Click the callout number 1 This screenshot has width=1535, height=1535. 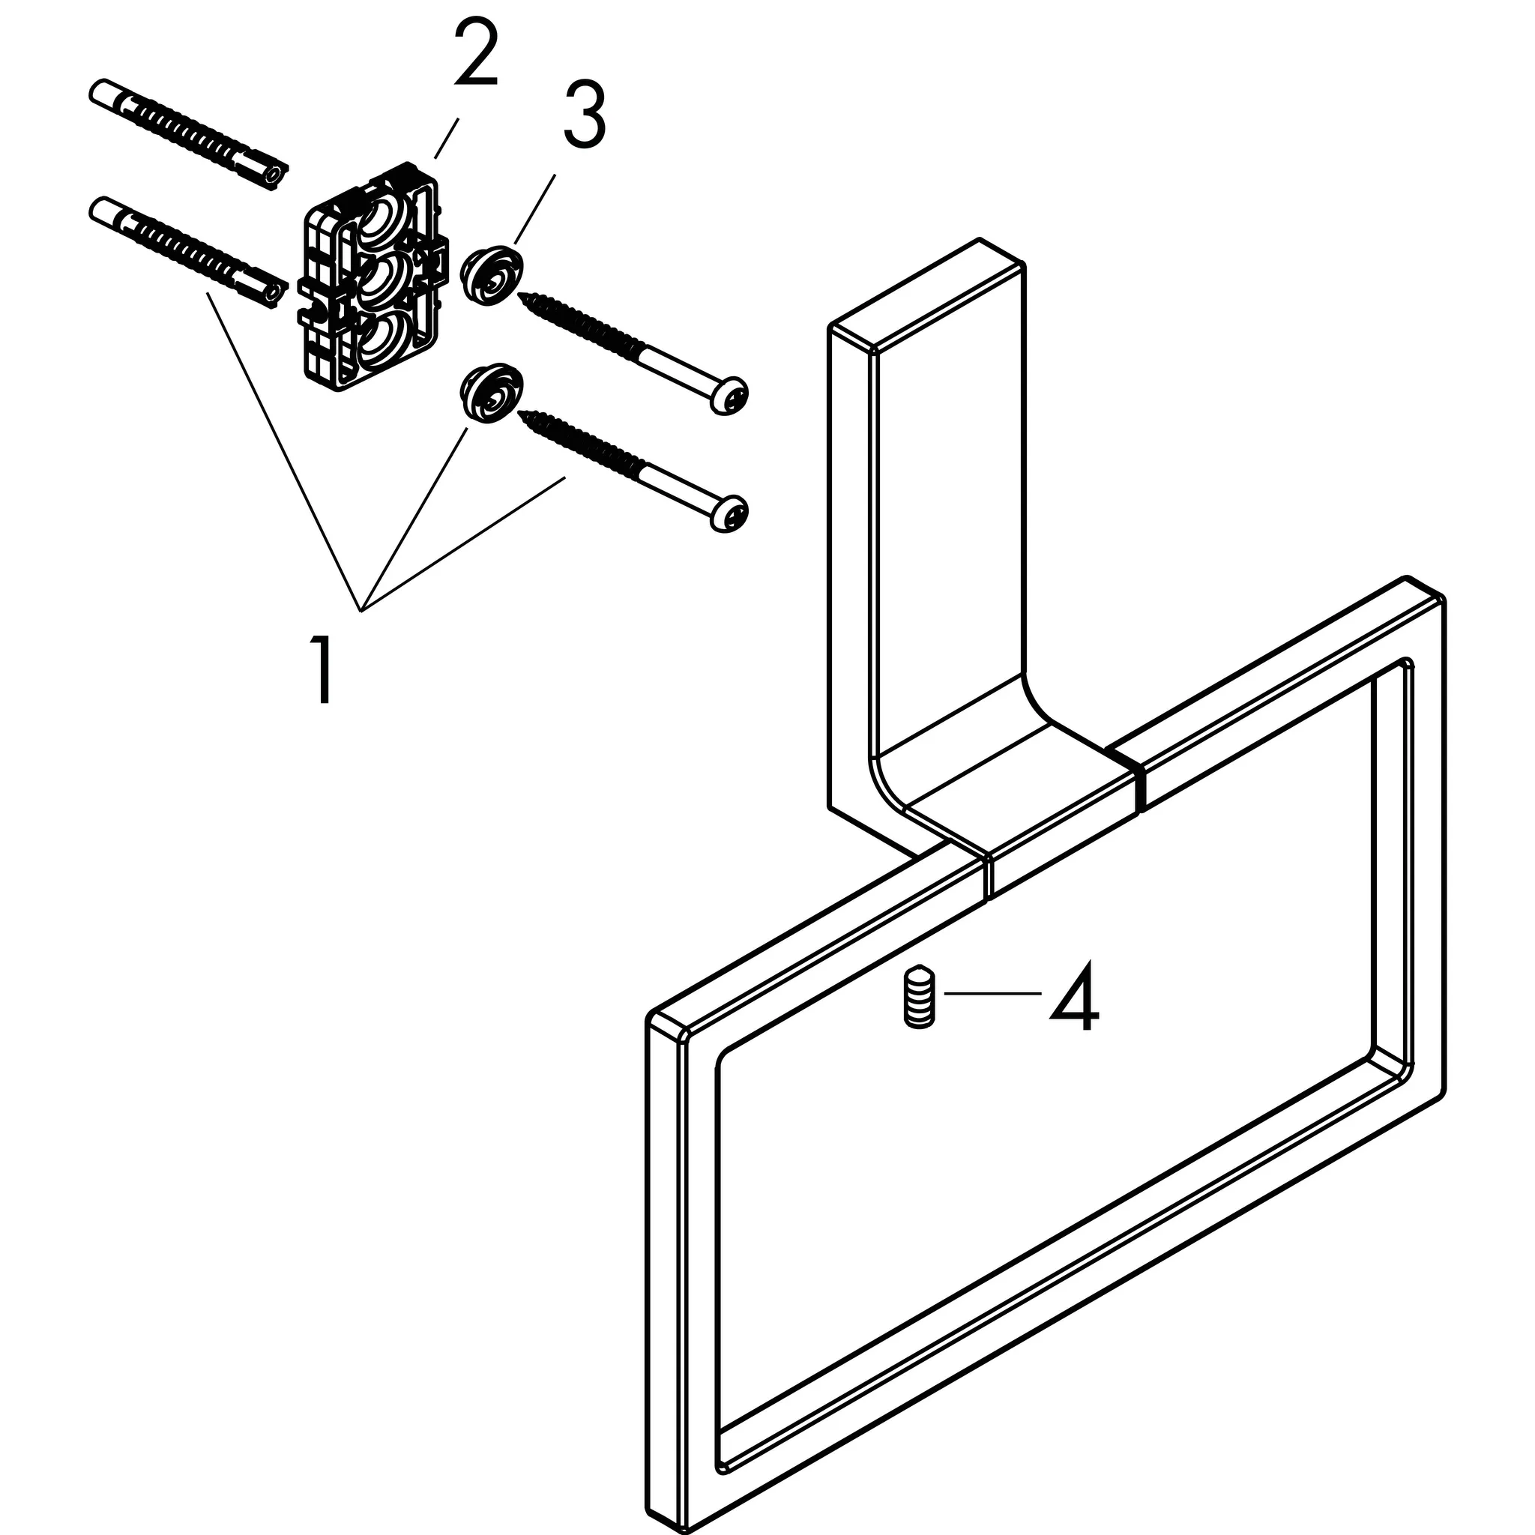[x=321, y=670]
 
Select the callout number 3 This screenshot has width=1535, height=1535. [x=585, y=117]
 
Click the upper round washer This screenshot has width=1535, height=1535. [x=493, y=275]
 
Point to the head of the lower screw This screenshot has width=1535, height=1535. [x=729, y=513]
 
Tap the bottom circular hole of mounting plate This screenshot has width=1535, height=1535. [x=383, y=340]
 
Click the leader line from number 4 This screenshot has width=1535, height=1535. [x=992, y=993]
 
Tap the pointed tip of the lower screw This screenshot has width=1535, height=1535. [x=523, y=413]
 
